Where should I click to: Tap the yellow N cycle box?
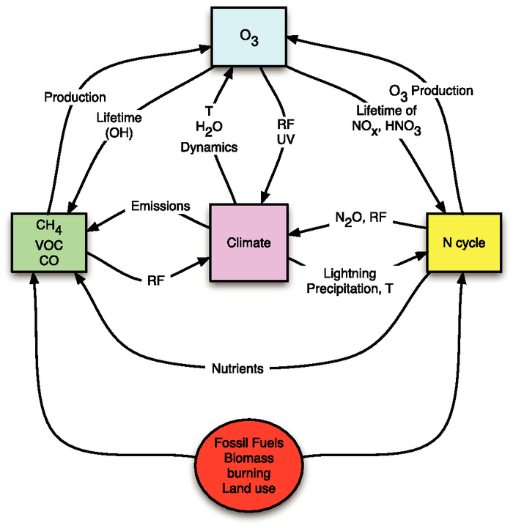[462, 242]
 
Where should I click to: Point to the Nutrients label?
[239, 368]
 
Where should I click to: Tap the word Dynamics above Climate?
[210, 146]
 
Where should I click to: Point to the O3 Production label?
[430, 91]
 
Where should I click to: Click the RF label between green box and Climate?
[154, 278]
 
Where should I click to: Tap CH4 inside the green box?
[49, 224]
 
